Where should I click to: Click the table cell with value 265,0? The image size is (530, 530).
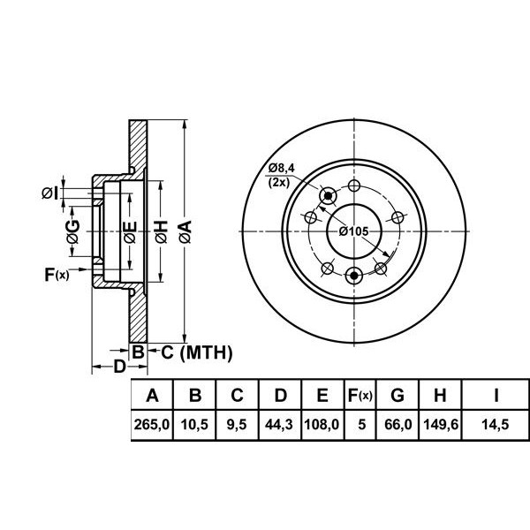tap(151, 426)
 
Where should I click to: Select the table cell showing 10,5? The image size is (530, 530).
tap(194, 426)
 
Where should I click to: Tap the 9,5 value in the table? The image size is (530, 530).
tap(237, 426)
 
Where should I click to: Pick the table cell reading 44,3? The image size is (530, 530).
tap(280, 426)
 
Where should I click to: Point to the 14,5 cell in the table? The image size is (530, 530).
tap(496, 426)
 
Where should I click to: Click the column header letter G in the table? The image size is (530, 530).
tap(397, 395)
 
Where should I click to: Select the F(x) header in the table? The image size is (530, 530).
tap(360, 395)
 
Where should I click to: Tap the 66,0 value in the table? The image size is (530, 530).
tap(397, 426)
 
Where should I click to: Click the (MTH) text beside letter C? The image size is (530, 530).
tap(205, 353)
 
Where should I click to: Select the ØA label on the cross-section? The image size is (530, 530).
tap(185, 231)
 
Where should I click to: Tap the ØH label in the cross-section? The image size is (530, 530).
tap(160, 231)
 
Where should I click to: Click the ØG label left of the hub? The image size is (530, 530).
tap(74, 231)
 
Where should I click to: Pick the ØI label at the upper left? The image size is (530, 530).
tap(50, 192)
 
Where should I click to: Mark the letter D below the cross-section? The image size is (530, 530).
tap(120, 366)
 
